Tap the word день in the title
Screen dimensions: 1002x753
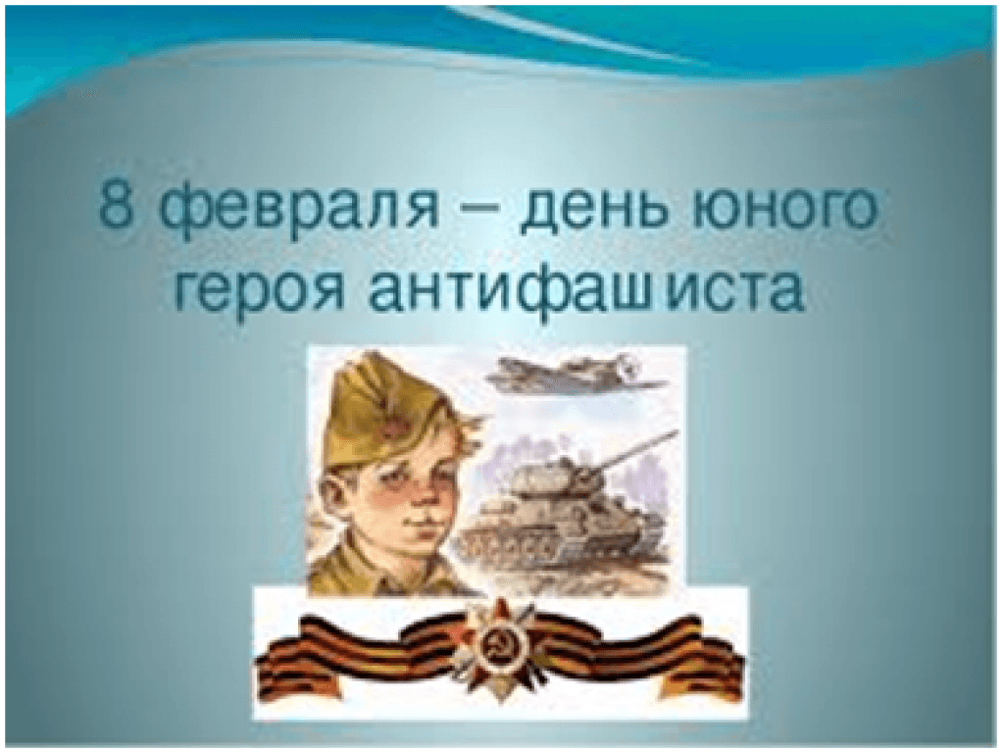click(x=600, y=212)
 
